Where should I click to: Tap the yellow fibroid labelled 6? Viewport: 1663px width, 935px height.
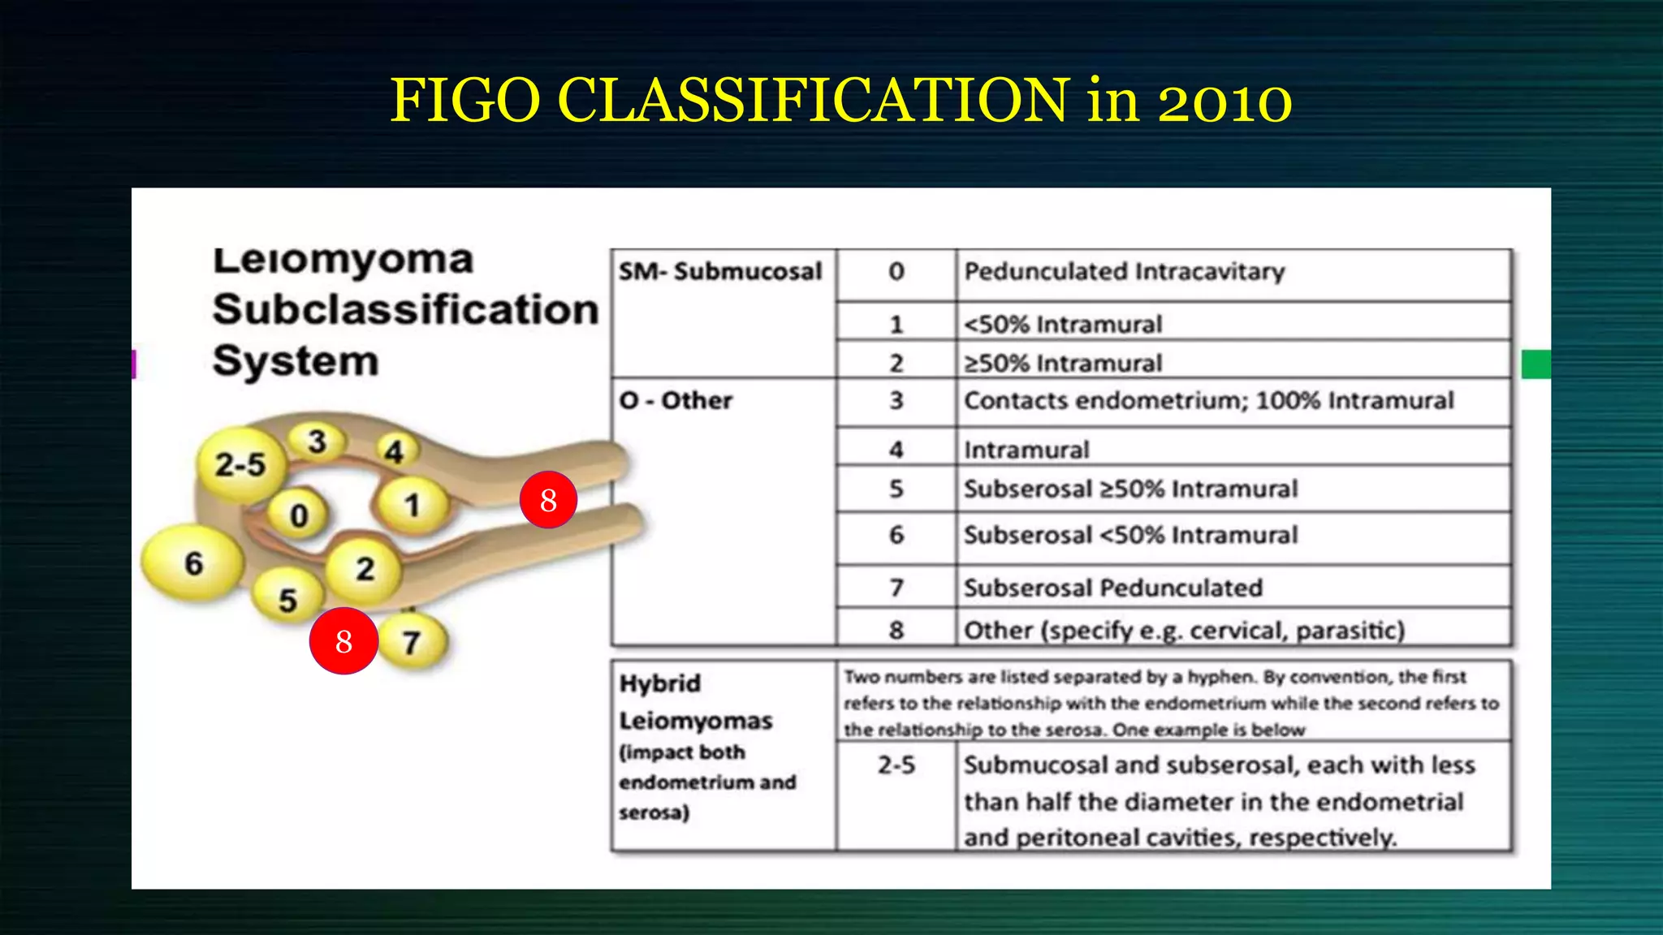pyautogui.click(x=193, y=562)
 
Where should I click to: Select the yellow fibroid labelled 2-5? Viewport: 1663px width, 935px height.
pyautogui.click(x=240, y=464)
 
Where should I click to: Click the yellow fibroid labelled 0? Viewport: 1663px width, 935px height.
pyautogui.click(x=299, y=515)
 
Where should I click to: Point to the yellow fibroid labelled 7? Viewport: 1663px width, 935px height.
pyautogui.click(x=412, y=642)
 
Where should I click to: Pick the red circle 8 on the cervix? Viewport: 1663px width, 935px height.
pyautogui.click(x=548, y=500)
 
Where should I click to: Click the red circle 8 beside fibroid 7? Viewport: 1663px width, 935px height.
pyautogui.click(x=343, y=641)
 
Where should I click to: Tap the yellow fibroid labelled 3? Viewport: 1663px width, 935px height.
pyautogui.click(x=317, y=441)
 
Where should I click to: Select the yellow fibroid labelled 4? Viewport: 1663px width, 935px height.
pyautogui.click(x=394, y=450)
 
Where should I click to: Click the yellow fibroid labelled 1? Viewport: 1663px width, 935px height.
pyautogui.click(x=413, y=505)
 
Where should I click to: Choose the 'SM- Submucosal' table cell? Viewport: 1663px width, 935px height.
pyautogui.click(x=720, y=271)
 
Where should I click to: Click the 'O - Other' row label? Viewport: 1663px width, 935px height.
pyautogui.click(x=676, y=400)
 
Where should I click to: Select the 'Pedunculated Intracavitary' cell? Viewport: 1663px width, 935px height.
pyautogui.click(x=1124, y=271)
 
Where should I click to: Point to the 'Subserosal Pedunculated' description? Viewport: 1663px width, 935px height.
pyautogui.click(x=1112, y=587)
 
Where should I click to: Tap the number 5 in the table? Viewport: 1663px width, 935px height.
pyautogui.click(x=896, y=489)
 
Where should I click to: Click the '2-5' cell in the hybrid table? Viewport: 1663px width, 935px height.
pyautogui.click(x=896, y=765)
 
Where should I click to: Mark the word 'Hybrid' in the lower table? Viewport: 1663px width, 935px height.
pyautogui.click(x=659, y=683)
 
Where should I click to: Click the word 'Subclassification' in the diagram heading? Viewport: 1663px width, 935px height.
pyautogui.click(x=405, y=309)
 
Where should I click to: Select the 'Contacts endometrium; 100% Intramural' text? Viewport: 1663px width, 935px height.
pyautogui.click(x=1208, y=400)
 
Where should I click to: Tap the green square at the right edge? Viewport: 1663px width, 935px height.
pyautogui.click(x=1536, y=364)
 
